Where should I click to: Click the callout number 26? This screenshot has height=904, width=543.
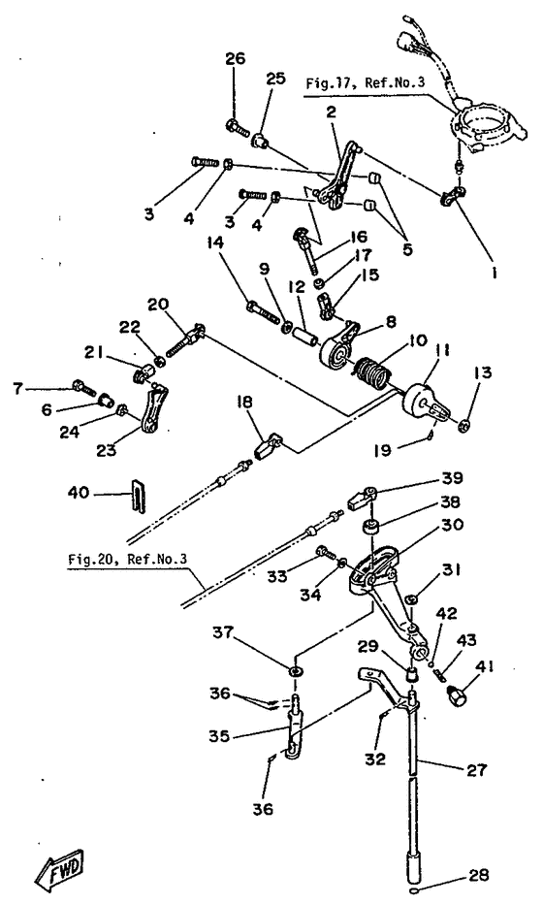235,58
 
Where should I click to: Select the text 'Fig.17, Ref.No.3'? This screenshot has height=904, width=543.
365,83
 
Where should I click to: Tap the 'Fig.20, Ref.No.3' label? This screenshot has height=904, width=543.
127,559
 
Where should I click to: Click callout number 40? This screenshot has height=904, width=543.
79,493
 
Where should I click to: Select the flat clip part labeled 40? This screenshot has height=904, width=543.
139,494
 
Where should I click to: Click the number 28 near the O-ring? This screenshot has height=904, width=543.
478,876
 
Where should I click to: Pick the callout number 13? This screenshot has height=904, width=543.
483,372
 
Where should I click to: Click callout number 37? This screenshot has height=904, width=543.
224,633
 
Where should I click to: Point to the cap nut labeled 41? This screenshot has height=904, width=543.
457,695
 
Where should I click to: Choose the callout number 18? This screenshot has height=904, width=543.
245,402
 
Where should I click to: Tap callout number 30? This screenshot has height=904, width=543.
453,525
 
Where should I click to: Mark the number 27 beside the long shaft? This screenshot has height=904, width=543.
477,770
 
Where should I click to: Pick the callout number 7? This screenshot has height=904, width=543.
18,389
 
